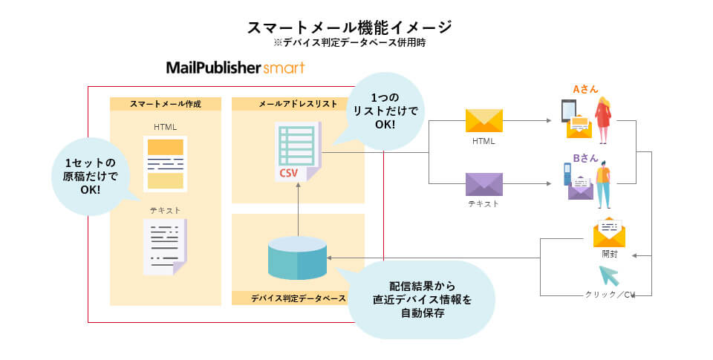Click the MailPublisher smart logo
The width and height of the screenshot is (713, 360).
pos(235,68)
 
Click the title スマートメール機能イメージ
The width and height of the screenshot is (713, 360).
pos(349,27)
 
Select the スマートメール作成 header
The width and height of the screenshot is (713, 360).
pos(165,104)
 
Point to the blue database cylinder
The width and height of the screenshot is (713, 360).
pos(296,258)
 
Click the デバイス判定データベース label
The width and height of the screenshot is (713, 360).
pos(297,298)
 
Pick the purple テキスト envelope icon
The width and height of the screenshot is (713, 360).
pos(484,184)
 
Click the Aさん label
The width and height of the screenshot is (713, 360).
pos(585,89)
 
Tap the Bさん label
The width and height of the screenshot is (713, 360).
pos(585,158)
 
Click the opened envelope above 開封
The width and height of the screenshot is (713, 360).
pos(609,234)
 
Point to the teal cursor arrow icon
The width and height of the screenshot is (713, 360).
pos(610,275)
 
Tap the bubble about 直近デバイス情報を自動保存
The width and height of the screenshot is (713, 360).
pos(421,299)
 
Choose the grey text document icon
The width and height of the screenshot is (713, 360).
pos(165,246)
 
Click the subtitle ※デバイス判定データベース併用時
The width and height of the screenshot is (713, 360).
pos(349,43)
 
